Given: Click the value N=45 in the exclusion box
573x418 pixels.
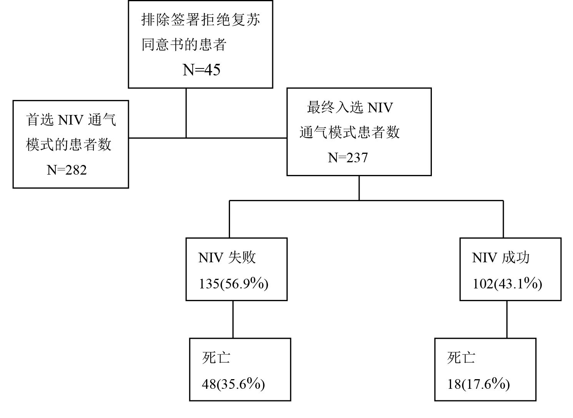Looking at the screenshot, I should click(x=202, y=70).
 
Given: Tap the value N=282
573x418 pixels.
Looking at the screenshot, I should click(x=67, y=170).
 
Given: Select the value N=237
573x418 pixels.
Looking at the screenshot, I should click(x=348, y=158).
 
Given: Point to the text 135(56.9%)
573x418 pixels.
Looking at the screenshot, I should click(x=233, y=284).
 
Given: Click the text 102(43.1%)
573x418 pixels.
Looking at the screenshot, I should click(x=507, y=284).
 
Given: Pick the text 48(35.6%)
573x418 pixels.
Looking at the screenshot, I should click(x=233, y=384).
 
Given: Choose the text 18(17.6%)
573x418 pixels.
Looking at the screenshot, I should click(x=478, y=384).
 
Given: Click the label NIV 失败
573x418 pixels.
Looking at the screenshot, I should click(x=227, y=257).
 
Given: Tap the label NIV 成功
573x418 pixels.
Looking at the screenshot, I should click(x=501, y=257).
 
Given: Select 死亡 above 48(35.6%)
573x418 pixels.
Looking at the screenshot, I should click(x=216, y=358).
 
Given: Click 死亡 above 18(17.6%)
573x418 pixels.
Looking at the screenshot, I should click(x=461, y=358).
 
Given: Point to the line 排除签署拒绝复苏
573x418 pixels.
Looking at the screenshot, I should click(x=201, y=20).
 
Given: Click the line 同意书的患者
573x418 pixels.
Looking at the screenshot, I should click(x=184, y=45).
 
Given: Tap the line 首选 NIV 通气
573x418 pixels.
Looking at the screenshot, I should click(x=71, y=120).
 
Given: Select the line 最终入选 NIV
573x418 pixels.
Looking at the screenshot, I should click(x=350, y=107).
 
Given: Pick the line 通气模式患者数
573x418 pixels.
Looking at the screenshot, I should click(x=350, y=132).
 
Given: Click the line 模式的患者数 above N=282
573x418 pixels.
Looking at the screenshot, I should click(x=69, y=145).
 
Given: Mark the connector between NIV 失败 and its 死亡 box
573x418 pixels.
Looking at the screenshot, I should click(x=233, y=319).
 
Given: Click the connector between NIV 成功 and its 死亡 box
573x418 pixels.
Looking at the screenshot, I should click(x=507, y=319).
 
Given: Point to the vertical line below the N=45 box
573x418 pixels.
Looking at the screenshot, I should click(x=187, y=113).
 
